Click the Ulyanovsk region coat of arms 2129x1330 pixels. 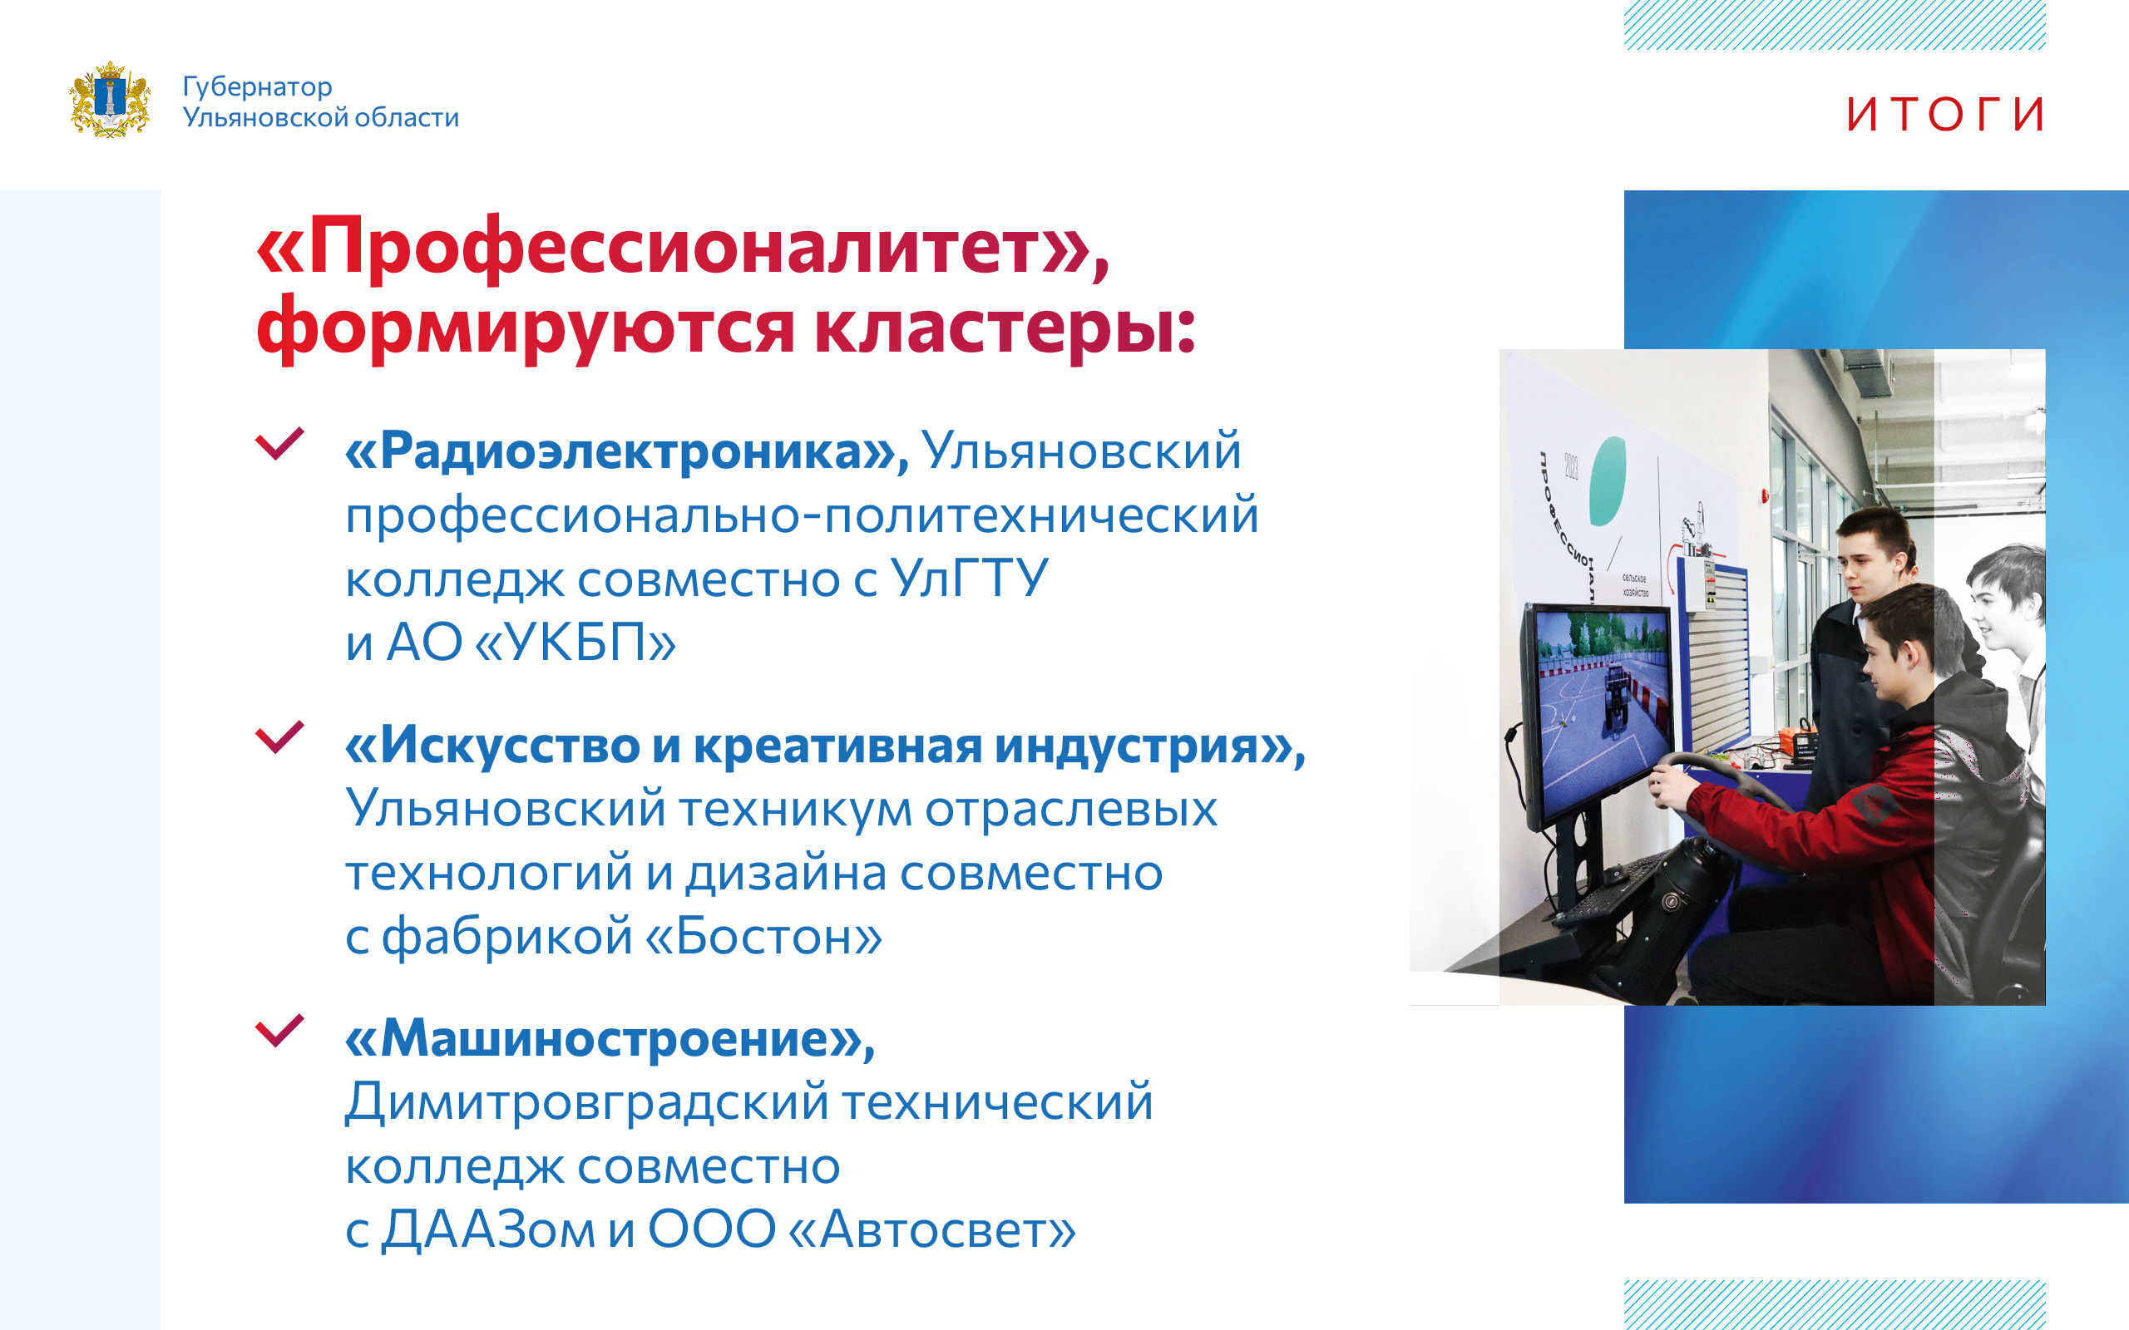point(110,100)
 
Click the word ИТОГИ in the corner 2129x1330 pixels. point(1945,115)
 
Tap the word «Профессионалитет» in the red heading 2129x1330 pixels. point(683,248)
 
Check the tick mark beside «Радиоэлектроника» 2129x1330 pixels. point(279,443)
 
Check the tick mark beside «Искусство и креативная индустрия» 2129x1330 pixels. point(279,737)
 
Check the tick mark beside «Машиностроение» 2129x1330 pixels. point(279,1030)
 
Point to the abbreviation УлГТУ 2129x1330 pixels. point(970,578)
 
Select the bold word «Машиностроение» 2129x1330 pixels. point(610,1038)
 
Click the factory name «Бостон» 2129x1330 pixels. point(763,935)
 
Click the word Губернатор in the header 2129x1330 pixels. point(257,87)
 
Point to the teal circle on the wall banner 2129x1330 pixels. point(1607,481)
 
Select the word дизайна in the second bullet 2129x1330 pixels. point(787,874)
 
